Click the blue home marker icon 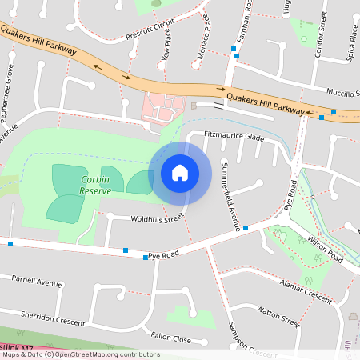180,172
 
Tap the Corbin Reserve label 94,186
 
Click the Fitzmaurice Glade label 234,137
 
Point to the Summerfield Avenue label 226,195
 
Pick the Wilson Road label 325,249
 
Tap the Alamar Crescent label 306,290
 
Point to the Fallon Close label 170,339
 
